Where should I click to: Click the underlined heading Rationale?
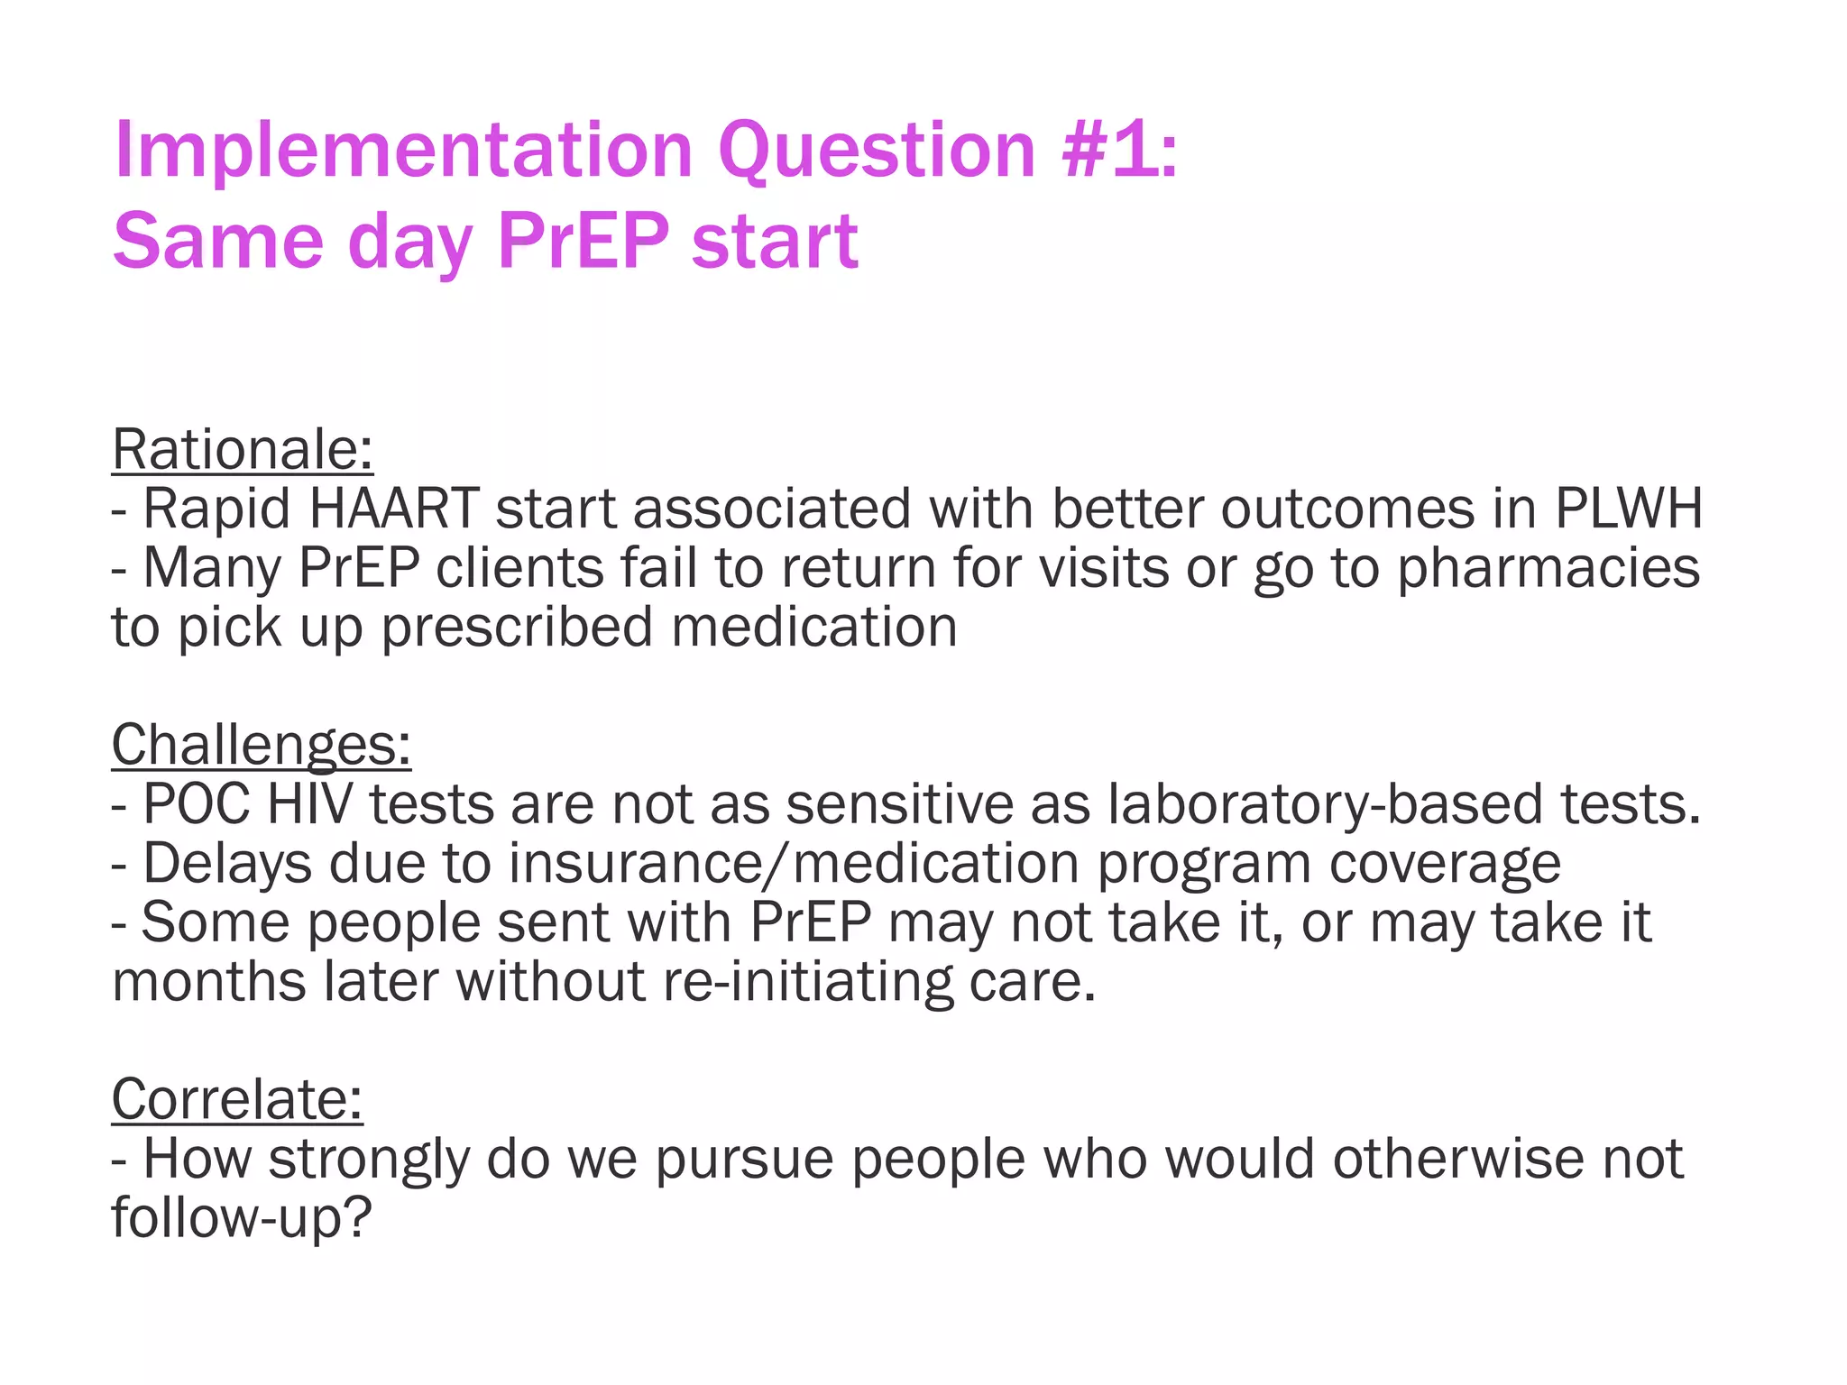pyautogui.click(x=242, y=449)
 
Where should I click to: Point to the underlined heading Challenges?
pyautogui.click(x=261, y=745)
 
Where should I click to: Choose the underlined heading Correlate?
pyautogui.click(x=236, y=1099)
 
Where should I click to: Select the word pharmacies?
pyautogui.click(x=1548, y=570)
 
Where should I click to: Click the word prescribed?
pyautogui.click(x=517, y=628)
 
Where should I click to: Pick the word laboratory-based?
pyautogui.click(x=1324, y=805)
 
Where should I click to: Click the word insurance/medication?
pyautogui.click(x=794, y=864)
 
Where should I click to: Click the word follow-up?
pyautogui.click(x=241, y=1218)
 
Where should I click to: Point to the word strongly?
pyautogui.click(x=369, y=1160)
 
